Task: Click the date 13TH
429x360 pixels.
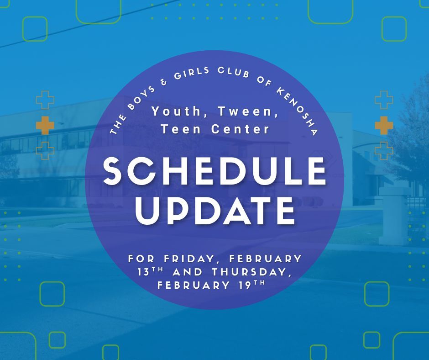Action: pyautogui.click(x=152, y=272)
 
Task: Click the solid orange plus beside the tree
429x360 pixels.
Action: pyautogui.click(x=383, y=125)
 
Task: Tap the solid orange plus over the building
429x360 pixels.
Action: pyautogui.click(x=45, y=125)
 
